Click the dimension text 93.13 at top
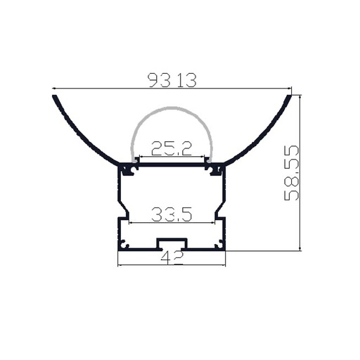tap(172, 81)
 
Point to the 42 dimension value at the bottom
tap(172, 258)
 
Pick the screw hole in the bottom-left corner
tap(124, 245)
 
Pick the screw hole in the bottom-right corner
tap(219, 245)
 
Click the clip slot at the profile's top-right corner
tap(217, 169)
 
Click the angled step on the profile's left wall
tap(122, 208)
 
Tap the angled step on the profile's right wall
tap(221, 208)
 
